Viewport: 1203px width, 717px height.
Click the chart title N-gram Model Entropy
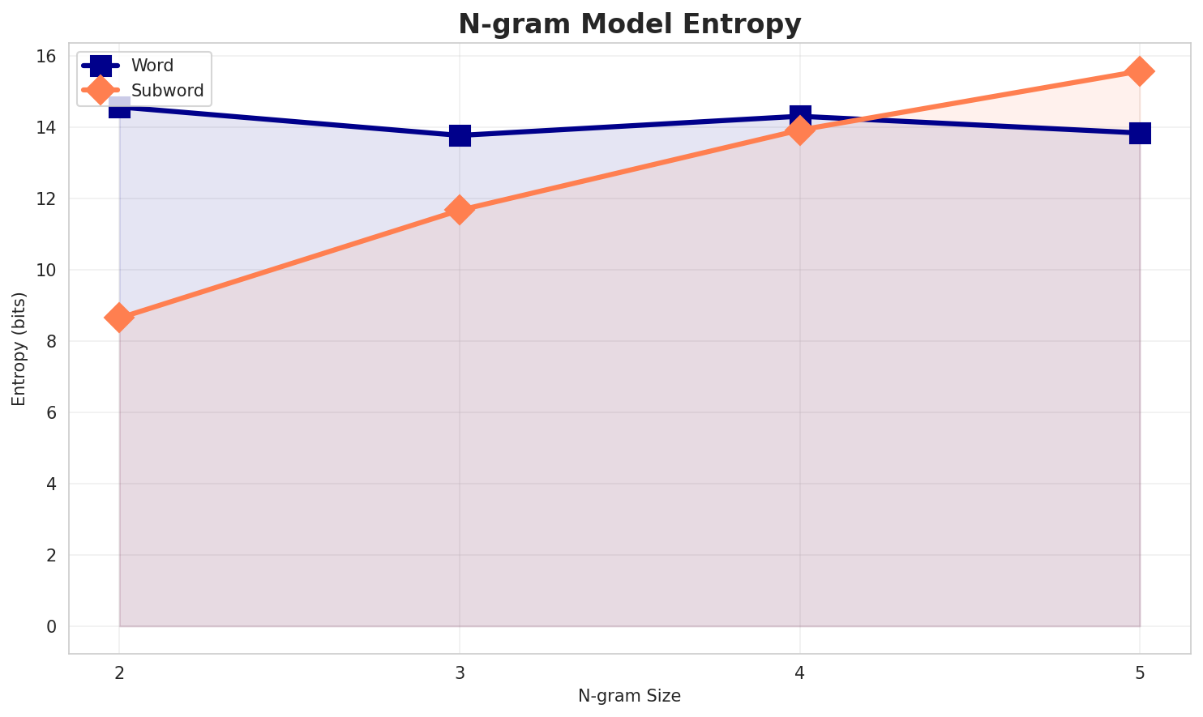coord(629,24)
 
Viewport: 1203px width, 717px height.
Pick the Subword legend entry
coord(167,91)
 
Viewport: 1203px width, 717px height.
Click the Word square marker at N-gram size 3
coord(460,135)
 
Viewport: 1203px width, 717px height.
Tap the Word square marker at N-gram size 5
coord(1140,133)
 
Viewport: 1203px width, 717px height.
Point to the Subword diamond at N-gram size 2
coord(119,318)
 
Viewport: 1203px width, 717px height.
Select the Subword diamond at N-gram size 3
coord(460,210)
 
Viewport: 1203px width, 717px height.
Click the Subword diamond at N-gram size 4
coord(800,130)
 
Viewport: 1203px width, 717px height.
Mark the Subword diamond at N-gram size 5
coord(1140,71)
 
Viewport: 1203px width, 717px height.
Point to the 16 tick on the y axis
coord(46,56)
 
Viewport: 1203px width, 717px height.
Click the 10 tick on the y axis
coord(46,270)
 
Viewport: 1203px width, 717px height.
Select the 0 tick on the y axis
coord(50,626)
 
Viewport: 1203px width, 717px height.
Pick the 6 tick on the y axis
coord(50,412)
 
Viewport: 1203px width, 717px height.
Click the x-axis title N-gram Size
coord(629,695)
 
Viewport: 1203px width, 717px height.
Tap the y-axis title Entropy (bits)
coord(19,348)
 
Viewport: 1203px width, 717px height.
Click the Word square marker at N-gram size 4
coord(800,116)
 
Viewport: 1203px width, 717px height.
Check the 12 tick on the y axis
coord(46,198)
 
